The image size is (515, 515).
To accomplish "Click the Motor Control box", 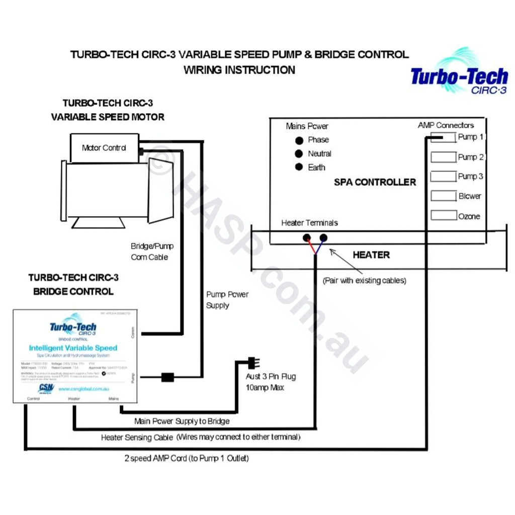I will coord(104,148).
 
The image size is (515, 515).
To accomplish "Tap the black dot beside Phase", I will coord(299,140).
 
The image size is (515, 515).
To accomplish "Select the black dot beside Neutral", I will coord(299,154).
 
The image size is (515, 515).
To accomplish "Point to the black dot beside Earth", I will coord(299,167).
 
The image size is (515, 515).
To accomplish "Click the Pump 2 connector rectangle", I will coord(443,157).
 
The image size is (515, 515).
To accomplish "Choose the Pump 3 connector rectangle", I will coord(443,177).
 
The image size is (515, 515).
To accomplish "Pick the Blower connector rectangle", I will coord(443,196).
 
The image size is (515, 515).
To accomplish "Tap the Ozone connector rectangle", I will coord(443,216).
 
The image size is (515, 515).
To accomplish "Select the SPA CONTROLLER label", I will coord(375,182).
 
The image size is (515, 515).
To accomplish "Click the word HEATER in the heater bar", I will coord(371,255).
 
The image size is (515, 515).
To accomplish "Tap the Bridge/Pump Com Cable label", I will coord(149,251).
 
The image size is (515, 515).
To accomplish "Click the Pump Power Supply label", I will coord(227,300).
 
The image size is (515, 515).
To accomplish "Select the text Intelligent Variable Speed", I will coord(73,348).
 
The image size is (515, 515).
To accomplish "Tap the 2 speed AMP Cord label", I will coord(186,458).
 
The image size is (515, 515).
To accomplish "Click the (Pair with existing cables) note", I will coord(364,280).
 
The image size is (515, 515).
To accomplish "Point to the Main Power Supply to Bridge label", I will coord(182,420).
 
